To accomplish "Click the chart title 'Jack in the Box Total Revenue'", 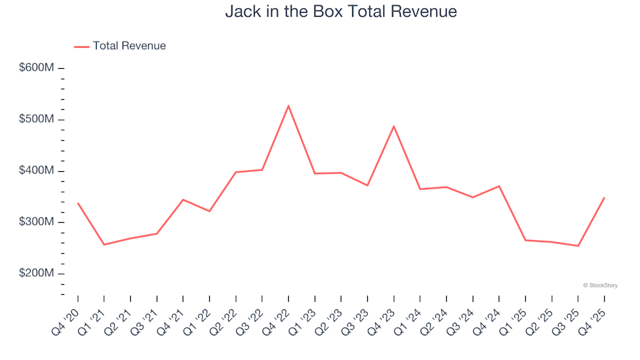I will tap(341, 12).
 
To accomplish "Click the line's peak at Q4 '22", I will tap(289, 105).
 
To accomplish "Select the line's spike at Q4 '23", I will tap(394, 126).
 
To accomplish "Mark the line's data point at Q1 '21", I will tap(104, 245).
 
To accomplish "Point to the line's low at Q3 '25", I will tap(578, 246).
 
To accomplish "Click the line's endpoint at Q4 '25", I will tap(604, 198).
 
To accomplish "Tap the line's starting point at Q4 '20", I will tap(78, 203).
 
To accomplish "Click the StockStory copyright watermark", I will tap(600, 285).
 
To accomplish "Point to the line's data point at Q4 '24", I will tap(499, 186).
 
